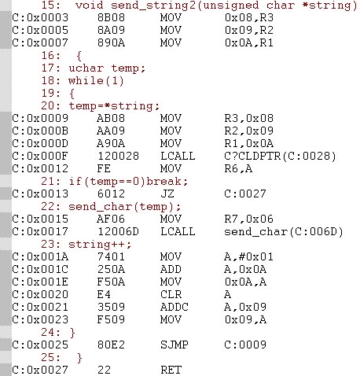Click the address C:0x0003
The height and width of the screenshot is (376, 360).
point(40,17)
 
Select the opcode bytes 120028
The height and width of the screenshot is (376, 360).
point(118,156)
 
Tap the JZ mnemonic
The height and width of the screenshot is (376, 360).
point(167,194)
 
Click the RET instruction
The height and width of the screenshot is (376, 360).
point(171,370)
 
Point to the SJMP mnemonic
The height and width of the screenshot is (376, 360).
point(174,345)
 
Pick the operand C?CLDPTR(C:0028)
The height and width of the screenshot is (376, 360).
point(280,156)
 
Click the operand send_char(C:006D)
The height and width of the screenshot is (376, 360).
point(284,231)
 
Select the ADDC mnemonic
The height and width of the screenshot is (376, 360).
point(174,307)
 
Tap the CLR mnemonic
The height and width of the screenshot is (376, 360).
point(171,294)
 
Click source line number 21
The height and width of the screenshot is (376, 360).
point(50,181)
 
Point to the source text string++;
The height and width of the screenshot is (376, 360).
point(100,245)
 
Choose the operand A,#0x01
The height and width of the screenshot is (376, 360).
point(248,256)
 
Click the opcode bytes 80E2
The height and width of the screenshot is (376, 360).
point(111,345)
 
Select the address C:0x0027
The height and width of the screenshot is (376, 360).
point(40,370)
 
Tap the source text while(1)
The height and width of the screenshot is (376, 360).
point(96,81)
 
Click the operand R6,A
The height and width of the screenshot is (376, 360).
point(238,168)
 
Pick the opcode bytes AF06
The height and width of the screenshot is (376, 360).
point(111,219)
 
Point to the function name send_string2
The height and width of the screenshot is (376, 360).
point(153,6)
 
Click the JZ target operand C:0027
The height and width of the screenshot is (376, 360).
point(245,194)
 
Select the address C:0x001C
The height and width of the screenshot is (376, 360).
point(40,269)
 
